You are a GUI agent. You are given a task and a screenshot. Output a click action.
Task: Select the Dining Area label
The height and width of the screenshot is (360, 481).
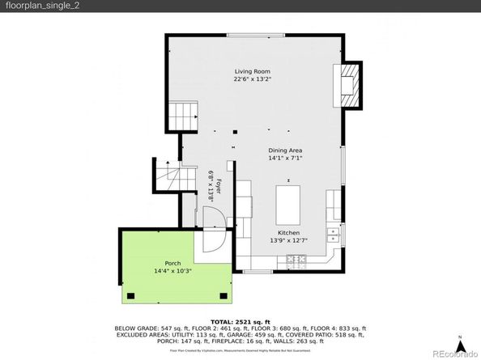tap(285, 150)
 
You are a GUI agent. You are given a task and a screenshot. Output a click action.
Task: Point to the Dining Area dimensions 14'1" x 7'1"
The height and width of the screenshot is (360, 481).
tap(285, 159)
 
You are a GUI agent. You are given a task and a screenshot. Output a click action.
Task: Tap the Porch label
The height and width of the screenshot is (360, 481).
tap(172, 263)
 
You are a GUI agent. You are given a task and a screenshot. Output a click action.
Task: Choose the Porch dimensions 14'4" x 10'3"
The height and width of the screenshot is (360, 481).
tap(172, 270)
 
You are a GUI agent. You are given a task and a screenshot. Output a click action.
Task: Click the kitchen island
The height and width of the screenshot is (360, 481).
tap(287, 205)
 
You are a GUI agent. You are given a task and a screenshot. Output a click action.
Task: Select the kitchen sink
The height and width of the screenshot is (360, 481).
tap(332, 235)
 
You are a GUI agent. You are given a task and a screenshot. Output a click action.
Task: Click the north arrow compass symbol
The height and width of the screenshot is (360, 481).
tap(459, 337)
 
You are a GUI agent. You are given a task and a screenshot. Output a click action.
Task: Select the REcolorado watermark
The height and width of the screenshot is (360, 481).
tap(453, 353)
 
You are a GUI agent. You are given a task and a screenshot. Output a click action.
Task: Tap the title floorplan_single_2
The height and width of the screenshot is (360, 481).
tap(40, 6)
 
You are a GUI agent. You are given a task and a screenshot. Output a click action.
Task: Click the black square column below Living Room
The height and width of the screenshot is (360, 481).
tap(235, 131)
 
